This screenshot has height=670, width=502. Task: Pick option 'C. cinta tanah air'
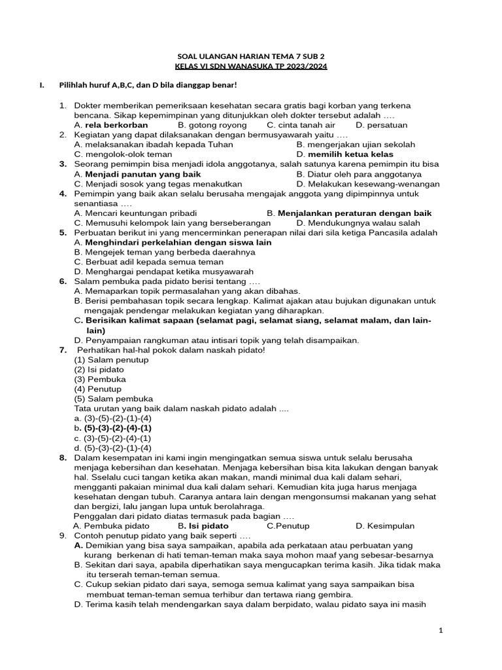point(301,125)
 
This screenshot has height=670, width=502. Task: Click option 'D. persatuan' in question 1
point(382,125)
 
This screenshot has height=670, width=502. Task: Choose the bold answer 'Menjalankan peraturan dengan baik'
point(355,213)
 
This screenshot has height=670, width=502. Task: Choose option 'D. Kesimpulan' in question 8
point(385,525)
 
